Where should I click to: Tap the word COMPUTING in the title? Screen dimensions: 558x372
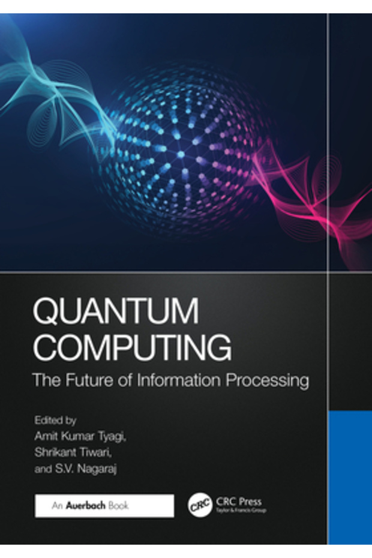coord(133,347)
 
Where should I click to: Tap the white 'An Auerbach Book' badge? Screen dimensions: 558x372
coord(104,506)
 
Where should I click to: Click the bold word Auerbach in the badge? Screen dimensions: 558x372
coord(91,506)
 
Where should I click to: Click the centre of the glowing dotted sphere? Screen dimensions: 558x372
coord(181,154)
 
